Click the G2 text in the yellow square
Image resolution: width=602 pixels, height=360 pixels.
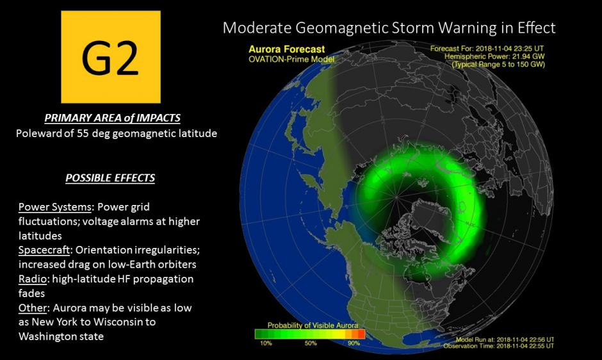coord(110,58)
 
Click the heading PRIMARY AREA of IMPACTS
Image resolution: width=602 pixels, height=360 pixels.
coord(112,118)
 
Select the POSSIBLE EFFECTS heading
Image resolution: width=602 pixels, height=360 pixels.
coord(110,178)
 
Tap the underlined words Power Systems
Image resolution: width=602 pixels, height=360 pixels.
coord(55,207)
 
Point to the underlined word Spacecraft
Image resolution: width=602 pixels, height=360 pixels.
coord(44,250)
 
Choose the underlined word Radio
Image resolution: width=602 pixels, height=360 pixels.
coord(32,279)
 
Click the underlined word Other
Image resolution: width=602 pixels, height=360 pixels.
coord(33,307)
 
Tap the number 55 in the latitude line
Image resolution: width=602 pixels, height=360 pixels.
coord(83,133)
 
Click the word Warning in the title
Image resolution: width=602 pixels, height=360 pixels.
coord(468,28)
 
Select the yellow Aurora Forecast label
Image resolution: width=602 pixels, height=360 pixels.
coord(286,49)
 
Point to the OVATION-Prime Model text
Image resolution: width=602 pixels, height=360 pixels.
coord(291,59)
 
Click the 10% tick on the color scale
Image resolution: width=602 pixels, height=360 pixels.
coord(266,343)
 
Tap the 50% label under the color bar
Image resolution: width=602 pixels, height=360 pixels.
coord(311,343)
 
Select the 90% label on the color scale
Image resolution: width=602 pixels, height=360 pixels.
coord(354,343)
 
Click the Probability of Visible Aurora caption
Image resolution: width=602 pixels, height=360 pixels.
coord(313,325)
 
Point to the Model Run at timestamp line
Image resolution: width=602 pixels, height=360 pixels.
coord(505,340)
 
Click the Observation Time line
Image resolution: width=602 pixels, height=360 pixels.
coord(499,346)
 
